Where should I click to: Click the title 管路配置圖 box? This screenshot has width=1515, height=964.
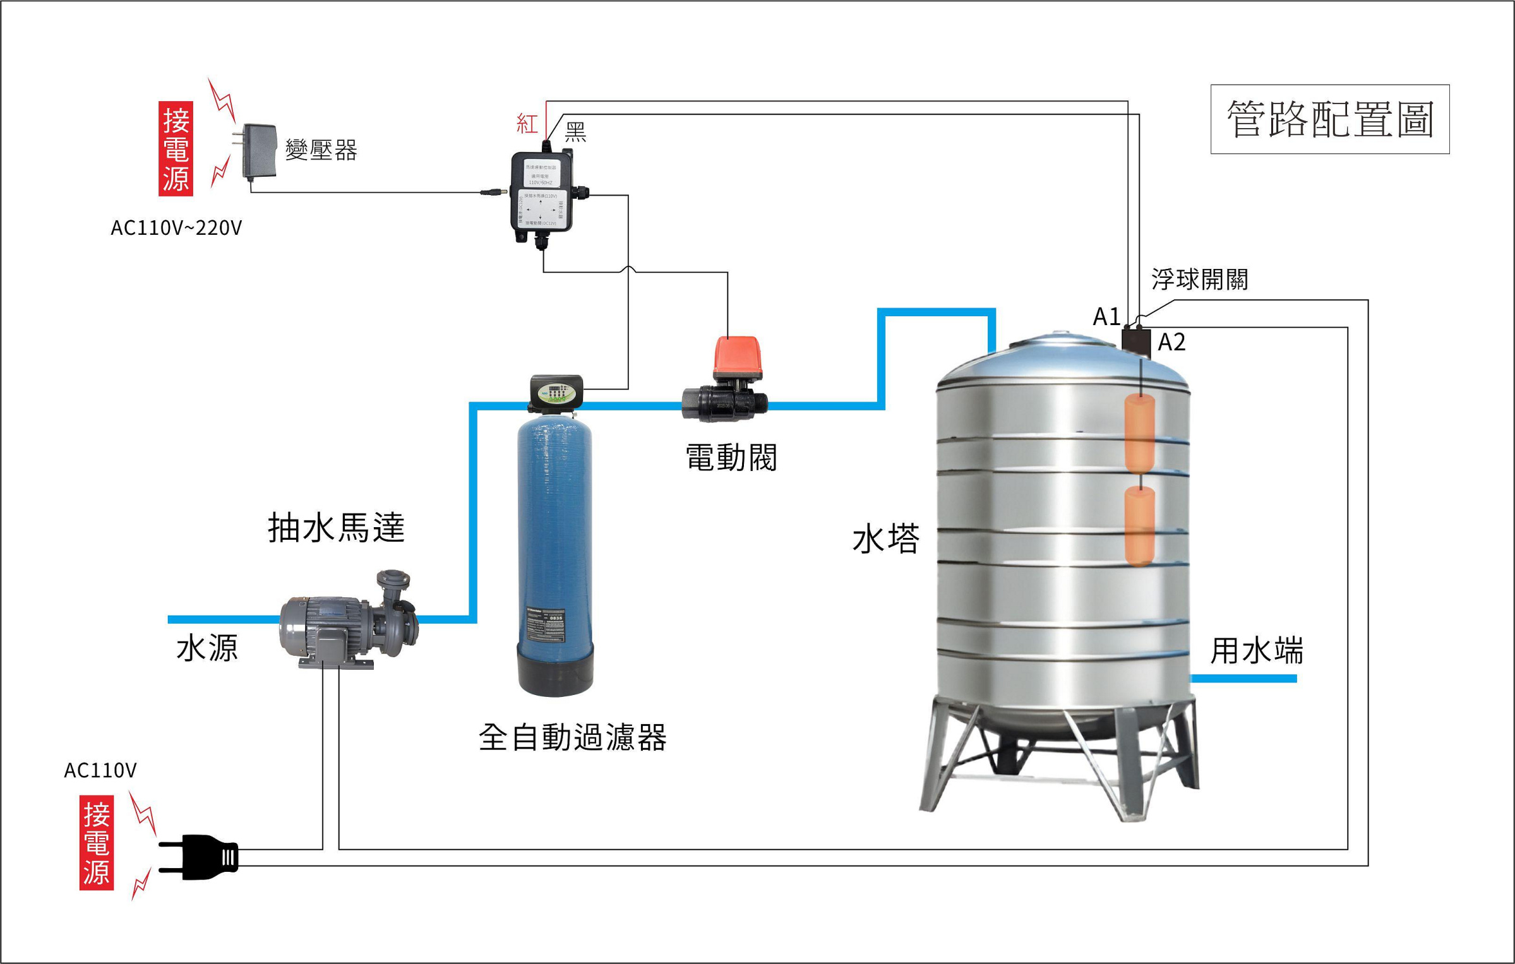point(1329,119)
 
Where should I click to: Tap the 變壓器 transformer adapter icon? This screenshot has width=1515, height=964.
point(258,151)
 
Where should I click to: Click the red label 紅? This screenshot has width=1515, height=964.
point(527,123)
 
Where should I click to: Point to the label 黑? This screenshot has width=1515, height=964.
point(575,132)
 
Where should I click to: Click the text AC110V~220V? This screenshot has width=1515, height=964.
point(176,228)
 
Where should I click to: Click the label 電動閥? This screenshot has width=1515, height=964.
point(731,458)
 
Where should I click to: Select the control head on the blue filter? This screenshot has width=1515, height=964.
point(556,392)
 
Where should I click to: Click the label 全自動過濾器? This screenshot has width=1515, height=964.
point(572,737)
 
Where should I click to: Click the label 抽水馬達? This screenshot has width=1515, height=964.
point(336,528)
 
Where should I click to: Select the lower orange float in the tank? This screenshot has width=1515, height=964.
point(1140,525)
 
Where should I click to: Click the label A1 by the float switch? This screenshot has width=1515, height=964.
point(1106,316)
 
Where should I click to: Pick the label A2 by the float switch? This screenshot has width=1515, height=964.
point(1171,342)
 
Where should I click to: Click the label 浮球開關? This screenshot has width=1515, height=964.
point(1199,279)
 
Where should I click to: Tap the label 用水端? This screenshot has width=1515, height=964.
point(1256,651)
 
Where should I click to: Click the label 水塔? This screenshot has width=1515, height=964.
point(885,540)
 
